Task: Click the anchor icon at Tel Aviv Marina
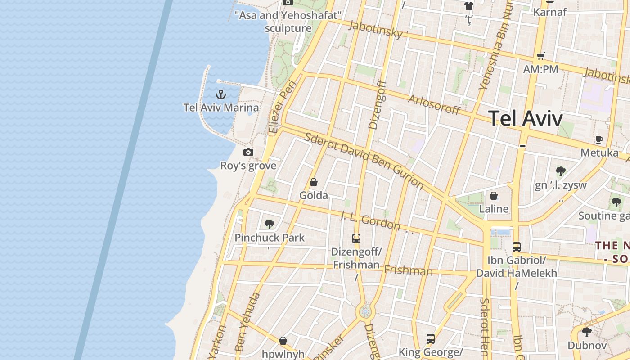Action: pos(220,94)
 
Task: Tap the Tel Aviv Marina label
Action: pos(221,108)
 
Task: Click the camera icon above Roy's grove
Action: pos(248,153)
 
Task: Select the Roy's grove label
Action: pos(248,166)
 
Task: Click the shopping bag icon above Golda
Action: pos(314,182)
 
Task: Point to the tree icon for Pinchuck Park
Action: pos(270,224)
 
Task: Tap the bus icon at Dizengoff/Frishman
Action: pos(356,238)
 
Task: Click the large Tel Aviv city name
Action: pos(525,119)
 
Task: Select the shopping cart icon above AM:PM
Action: pos(540,56)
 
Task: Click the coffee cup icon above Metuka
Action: pos(599,139)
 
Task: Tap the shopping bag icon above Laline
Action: pos(494,196)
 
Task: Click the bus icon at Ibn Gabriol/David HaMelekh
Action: pos(517,247)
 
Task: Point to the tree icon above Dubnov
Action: pos(586,332)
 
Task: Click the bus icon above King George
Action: pos(431,338)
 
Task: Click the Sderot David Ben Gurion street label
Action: pos(364,160)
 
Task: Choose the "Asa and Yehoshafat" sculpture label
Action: pos(288,22)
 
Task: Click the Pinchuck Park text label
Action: pos(270,238)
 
